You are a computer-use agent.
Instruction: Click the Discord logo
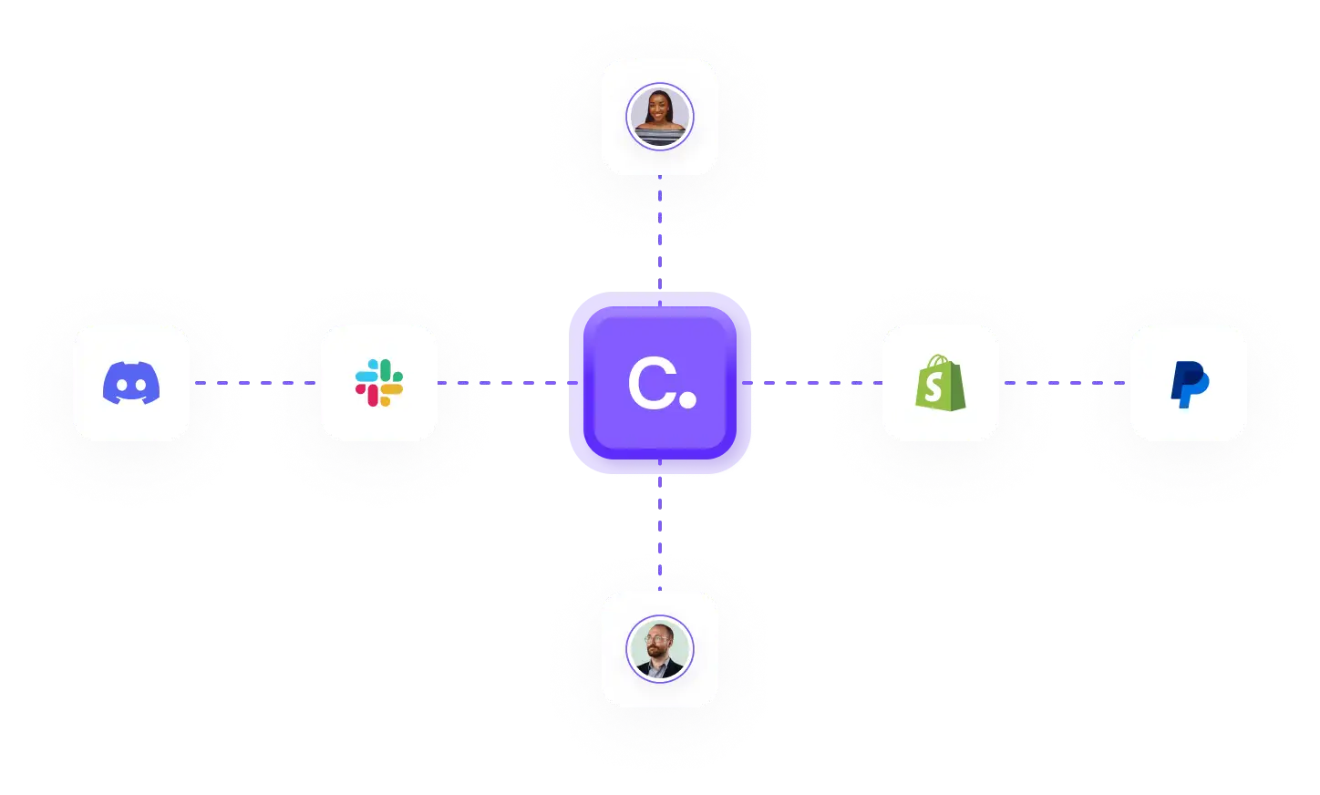[131, 383]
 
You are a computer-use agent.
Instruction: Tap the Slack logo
[379, 383]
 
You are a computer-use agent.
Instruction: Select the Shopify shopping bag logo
[940, 382]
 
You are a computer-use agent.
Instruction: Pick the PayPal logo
[1189, 384]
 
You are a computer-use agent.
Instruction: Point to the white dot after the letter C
[688, 398]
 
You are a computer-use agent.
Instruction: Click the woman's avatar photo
[660, 117]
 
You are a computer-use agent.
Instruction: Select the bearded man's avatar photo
[660, 649]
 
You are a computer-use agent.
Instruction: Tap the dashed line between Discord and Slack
[256, 383]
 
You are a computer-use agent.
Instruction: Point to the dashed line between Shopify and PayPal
[1065, 383]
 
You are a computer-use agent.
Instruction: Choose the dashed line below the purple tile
[660, 520]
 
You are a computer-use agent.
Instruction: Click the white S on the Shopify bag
[934, 387]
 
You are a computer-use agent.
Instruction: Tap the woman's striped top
[660, 138]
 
